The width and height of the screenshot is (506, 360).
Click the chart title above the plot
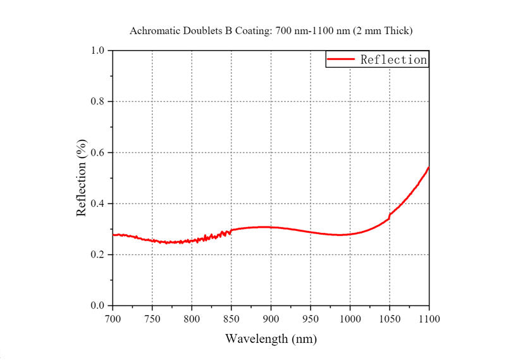pyautogui.click(x=271, y=30)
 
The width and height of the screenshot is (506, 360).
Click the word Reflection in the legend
pyautogui.click(x=393, y=59)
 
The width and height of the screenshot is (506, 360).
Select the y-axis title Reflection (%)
pyautogui.click(x=82, y=179)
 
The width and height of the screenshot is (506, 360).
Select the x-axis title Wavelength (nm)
pyautogui.click(x=271, y=338)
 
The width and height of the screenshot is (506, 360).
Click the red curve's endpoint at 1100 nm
pyautogui.click(x=429, y=167)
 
